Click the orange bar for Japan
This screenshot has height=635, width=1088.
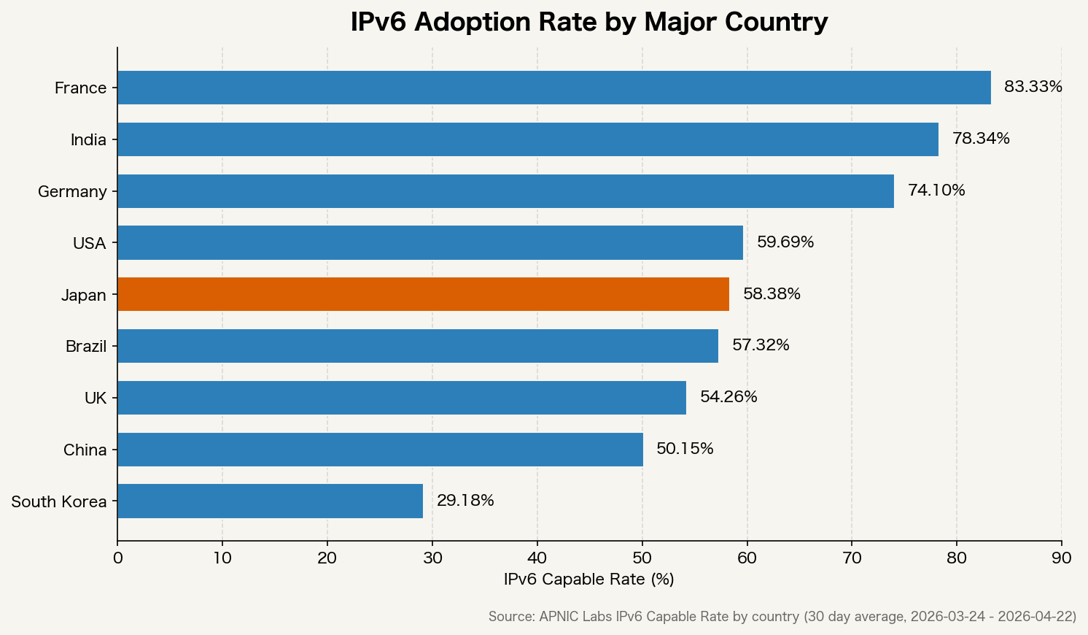coord(423,294)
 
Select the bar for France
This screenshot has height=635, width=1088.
coord(553,88)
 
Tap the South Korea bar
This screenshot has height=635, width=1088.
coord(270,501)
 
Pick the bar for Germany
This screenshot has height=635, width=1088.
coord(505,191)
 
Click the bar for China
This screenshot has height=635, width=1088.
coord(380,450)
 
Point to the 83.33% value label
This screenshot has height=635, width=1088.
coord(1033,87)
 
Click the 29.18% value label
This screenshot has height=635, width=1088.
coord(465,501)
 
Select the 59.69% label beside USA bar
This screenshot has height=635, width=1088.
coord(785,242)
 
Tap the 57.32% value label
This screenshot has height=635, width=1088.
coord(761,345)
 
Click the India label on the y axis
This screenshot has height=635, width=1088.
coord(88,140)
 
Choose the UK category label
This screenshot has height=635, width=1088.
coord(96,399)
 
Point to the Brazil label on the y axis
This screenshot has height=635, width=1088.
coord(86,347)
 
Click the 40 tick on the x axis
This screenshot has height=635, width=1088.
coord(537,558)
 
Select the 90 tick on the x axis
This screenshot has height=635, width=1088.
coord(1061,558)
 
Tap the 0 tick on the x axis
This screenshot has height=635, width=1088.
coord(117,558)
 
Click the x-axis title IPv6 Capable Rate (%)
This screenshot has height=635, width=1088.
coord(588,580)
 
